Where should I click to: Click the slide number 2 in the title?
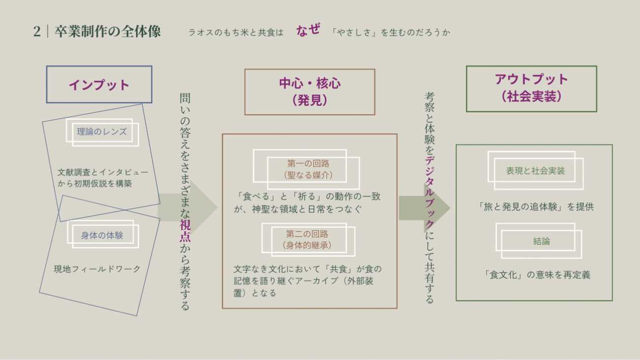point(37,32)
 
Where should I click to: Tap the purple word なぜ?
point(308,30)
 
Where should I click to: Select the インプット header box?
point(99,85)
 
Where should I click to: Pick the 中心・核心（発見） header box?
point(309,92)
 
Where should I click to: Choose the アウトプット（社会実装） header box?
point(531,89)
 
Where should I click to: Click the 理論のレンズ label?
point(102,131)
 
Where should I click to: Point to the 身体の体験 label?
point(102,235)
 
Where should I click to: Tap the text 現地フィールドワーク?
point(97,269)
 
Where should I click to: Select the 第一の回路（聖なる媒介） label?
point(308,169)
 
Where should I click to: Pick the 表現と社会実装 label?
point(535,171)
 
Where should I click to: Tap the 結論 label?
point(541,241)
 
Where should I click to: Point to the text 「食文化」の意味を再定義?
point(537,275)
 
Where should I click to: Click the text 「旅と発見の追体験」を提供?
point(536,207)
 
